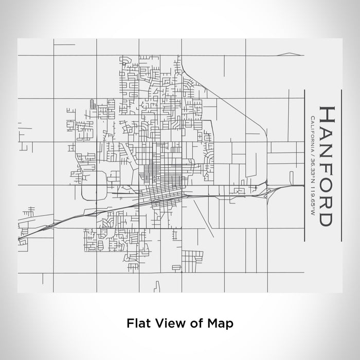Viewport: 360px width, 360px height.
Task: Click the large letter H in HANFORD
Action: pyautogui.click(x=327, y=114)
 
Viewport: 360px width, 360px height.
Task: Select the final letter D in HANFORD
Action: pyautogui.click(x=327, y=218)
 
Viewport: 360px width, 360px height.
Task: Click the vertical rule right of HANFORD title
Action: pyautogui.click(x=341, y=165)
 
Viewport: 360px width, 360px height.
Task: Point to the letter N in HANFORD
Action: pyautogui.click(x=327, y=147)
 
